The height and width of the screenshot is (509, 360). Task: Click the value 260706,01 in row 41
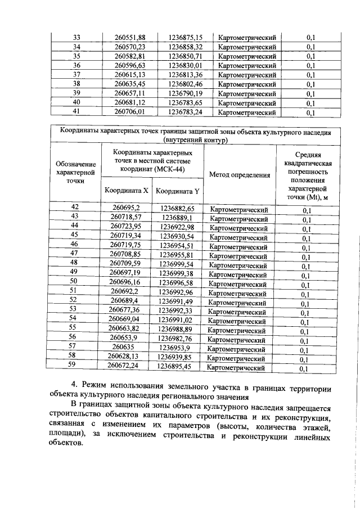pyautogui.click(x=130, y=112)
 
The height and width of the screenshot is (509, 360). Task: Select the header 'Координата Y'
pyautogui.click(x=177, y=191)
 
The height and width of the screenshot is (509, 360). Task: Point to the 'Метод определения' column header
pyautogui.click(x=240, y=175)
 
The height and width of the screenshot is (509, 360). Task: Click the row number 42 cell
pyautogui.click(x=74, y=208)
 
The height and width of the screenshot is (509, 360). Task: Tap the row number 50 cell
pyautogui.click(x=73, y=281)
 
